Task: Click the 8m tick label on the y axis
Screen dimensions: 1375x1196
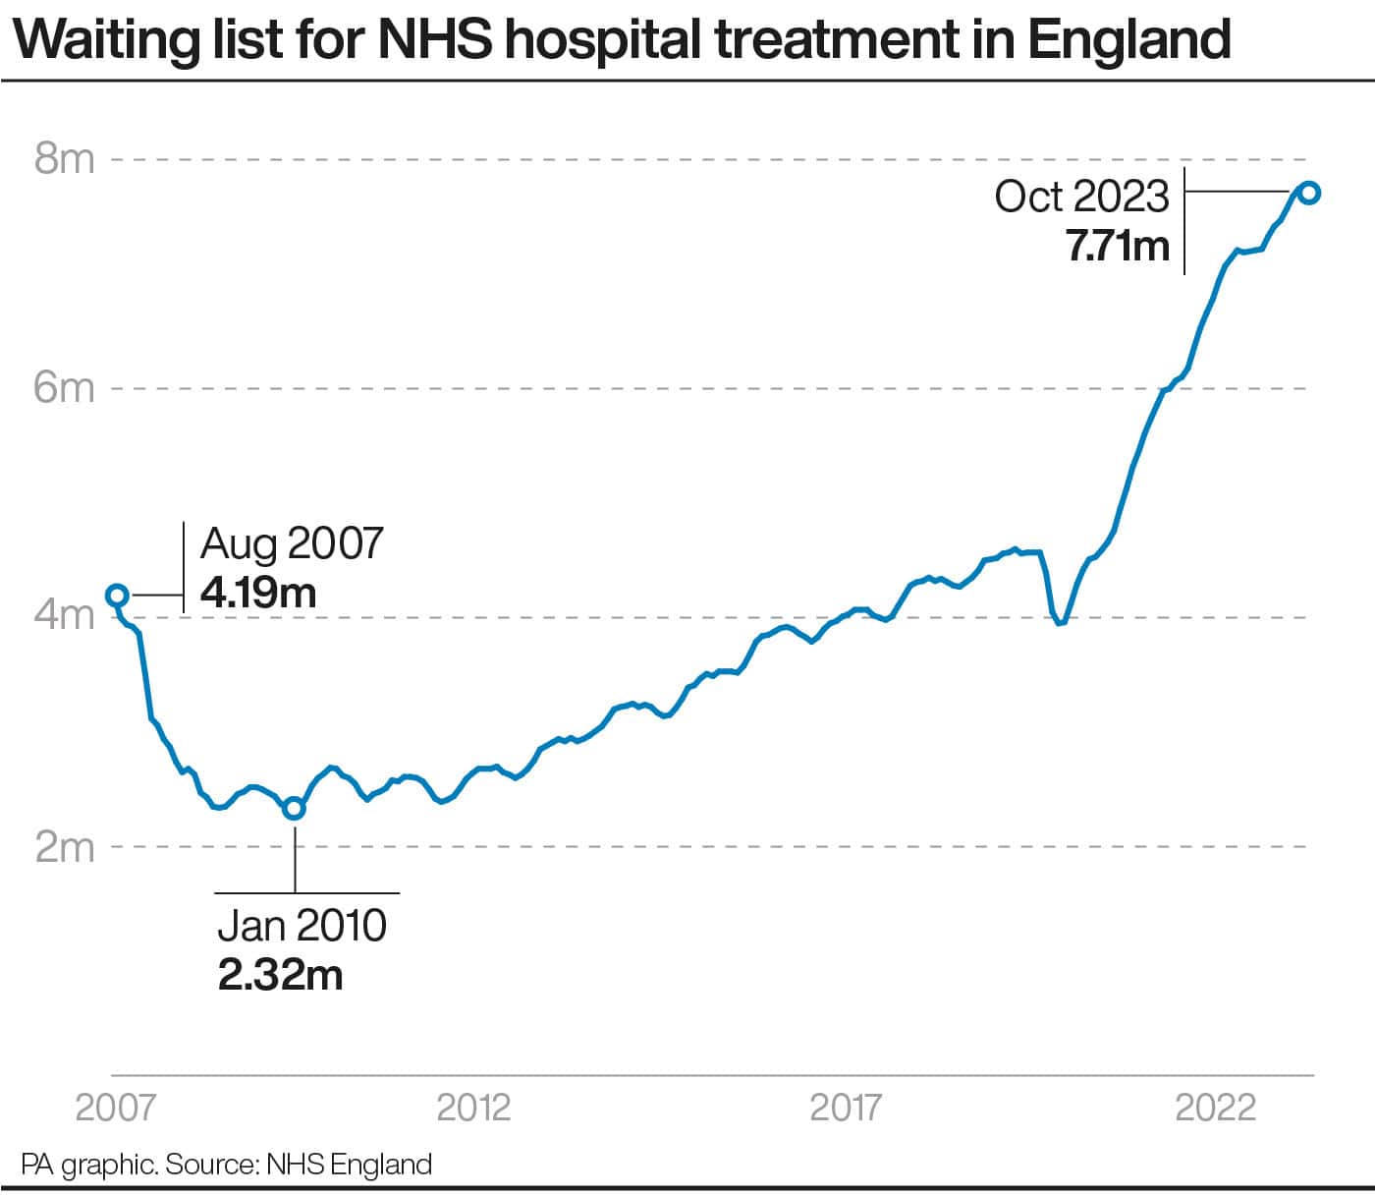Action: tap(65, 159)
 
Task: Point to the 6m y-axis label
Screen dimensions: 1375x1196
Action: tap(65, 388)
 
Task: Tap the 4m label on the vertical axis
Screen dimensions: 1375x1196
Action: tap(65, 615)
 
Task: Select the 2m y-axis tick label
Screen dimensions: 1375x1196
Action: tap(65, 846)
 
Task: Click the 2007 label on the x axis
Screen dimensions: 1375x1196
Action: tap(116, 1108)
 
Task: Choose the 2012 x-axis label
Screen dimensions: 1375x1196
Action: tap(473, 1108)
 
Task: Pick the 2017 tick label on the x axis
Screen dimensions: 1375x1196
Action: tap(846, 1108)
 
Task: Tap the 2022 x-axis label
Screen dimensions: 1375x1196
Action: tap(1216, 1108)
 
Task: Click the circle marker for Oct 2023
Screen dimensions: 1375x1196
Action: tap(1310, 193)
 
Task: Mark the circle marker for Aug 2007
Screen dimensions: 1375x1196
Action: tap(118, 595)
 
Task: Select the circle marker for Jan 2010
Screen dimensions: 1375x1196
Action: tap(295, 808)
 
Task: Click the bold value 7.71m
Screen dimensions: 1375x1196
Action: tap(1118, 246)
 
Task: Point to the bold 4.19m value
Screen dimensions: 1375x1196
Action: tap(258, 593)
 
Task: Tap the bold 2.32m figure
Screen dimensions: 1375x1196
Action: tap(280, 976)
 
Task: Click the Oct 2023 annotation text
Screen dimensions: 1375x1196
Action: tap(1082, 197)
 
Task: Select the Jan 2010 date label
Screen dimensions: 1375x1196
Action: tap(302, 926)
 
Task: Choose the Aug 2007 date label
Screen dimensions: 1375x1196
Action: tap(292, 543)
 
